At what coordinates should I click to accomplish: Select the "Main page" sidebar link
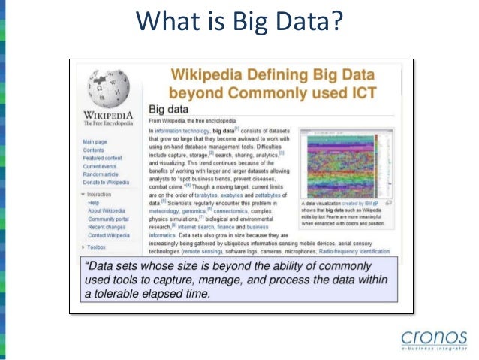click(x=95, y=141)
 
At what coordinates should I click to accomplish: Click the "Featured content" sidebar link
click(x=103, y=158)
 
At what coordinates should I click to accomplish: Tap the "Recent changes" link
click(x=107, y=227)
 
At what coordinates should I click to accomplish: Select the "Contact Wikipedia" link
click(x=109, y=235)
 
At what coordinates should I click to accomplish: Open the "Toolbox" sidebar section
click(x=96, y=247)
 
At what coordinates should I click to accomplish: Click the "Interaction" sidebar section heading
click(x=99, y=194)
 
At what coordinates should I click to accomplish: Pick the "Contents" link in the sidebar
click(x=94, y=150)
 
